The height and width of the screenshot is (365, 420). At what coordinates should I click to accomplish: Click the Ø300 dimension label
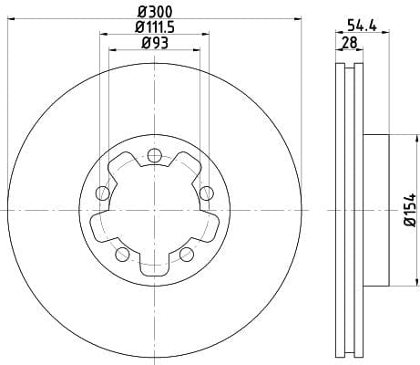pos(155,12)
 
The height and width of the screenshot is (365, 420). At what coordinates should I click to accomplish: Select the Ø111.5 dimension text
pos(155,27)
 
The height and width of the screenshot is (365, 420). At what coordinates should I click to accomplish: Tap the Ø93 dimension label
pos(155,43)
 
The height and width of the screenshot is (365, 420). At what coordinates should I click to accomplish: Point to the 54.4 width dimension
pos(362,26)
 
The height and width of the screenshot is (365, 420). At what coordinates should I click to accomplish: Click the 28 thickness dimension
pos(350,43)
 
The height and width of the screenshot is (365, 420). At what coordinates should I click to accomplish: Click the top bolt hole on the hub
pos(155,155)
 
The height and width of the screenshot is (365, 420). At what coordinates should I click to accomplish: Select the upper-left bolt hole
pos(103,193)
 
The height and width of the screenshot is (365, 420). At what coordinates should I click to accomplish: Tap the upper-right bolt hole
pos(207,193)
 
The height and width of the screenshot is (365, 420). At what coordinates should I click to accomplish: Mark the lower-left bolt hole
pos(122,255)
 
